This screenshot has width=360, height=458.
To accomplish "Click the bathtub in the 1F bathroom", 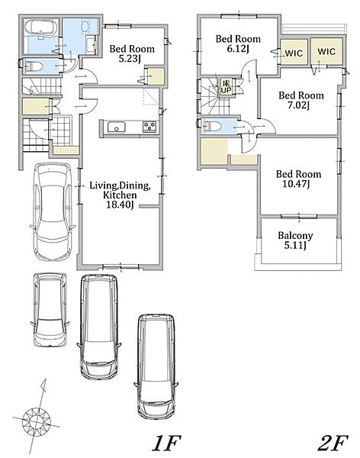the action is tap(41, 27).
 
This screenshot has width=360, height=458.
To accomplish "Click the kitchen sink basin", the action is tap(116, 127).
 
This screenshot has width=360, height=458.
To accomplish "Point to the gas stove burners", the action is tap(149, 127).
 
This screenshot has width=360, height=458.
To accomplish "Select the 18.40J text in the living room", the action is tap(120, 205).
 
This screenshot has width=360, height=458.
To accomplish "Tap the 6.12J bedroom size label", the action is tap(238, 49).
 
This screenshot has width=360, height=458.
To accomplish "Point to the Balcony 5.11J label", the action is tap(295, 240).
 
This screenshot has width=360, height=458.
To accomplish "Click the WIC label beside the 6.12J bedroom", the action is tap(294, 53).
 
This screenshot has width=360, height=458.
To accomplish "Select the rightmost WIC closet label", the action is tap(326, 52).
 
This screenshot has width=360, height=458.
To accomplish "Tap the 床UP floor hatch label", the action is tap(226, 87).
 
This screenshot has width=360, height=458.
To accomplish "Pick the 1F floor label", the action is tap(166, 443).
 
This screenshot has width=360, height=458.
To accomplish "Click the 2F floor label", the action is tap(333, 443).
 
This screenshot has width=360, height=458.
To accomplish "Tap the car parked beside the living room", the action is tap(52, 211).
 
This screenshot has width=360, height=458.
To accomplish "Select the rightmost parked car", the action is tap(157, 366).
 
